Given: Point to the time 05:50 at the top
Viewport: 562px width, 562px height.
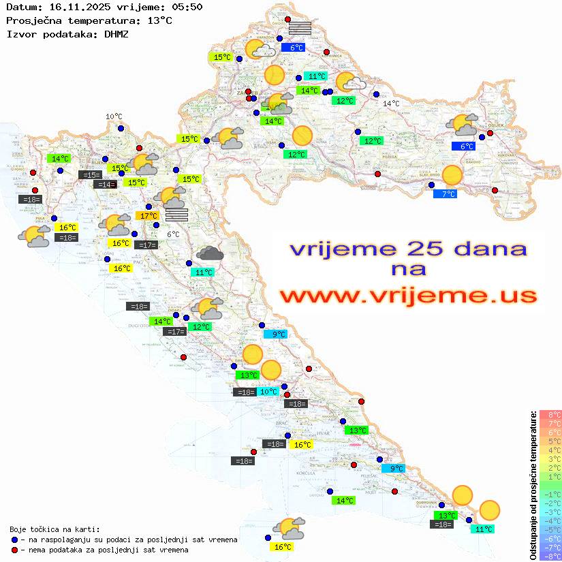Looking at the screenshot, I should tap(185, 7).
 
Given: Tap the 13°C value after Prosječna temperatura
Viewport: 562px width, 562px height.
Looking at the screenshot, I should tap(159, 20).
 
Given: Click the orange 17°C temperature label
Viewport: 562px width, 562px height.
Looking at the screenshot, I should tap(149, 216).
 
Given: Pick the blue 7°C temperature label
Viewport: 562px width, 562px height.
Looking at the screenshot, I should tap(446, 194).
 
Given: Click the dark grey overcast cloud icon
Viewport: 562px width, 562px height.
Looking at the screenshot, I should tap(210, 254).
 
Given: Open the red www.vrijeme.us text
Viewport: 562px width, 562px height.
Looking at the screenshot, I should tap(407, 295).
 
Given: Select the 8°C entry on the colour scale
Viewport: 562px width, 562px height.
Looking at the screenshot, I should tap(550, 414).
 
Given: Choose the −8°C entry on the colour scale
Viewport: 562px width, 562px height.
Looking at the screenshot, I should tap(550, 557).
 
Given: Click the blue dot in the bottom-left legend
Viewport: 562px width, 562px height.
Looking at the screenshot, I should tap(14, 540).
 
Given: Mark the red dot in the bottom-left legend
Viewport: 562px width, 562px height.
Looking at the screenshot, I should tap(14, 550).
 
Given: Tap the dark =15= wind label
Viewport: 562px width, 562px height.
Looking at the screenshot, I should tap(91, 175).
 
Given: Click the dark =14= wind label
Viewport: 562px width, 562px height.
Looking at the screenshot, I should tap(104, 185).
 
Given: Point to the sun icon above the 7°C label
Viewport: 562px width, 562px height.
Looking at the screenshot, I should tap(452, 176).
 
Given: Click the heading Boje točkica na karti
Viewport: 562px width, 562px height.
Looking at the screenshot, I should tap(54, 529).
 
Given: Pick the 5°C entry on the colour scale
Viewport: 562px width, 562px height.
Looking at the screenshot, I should tap(550, 441).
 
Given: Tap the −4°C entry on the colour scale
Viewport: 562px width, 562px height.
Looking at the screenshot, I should tap(550, 521).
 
